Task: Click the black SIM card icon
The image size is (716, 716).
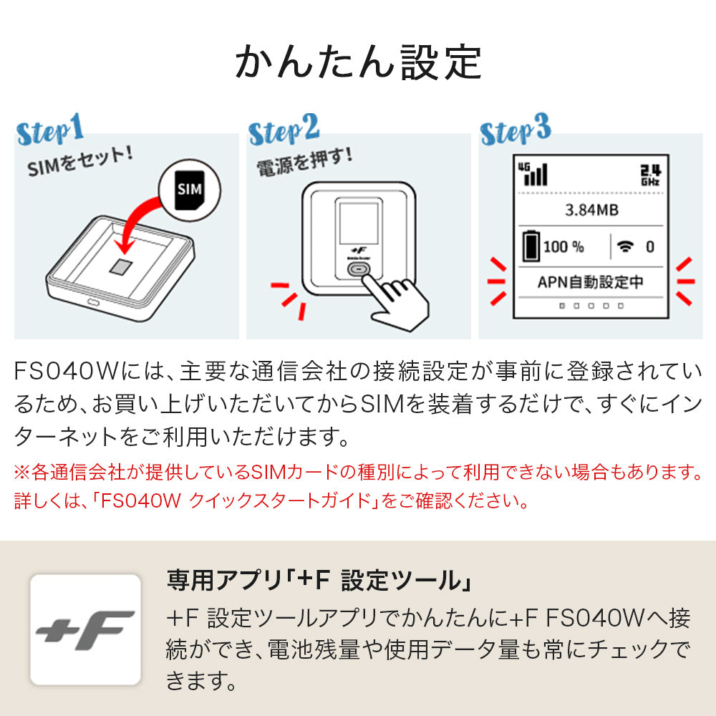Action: coord(189,190)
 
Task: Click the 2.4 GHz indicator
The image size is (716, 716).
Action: coord(649,174)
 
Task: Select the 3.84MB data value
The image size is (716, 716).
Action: coord(591,211)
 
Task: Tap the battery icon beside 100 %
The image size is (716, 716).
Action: coord(531,246)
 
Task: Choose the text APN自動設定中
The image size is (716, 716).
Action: coord(591,281)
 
